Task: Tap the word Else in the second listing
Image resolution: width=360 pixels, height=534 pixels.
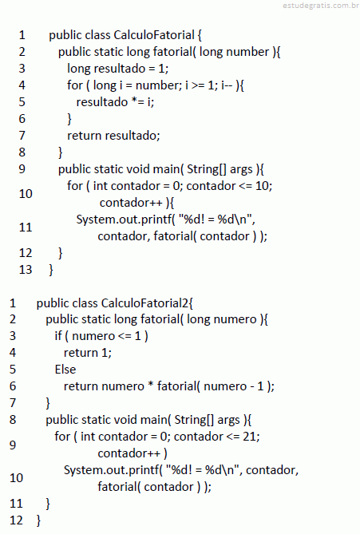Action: tap(65, 369)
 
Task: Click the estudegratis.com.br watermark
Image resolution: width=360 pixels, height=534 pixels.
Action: tap(321, 5)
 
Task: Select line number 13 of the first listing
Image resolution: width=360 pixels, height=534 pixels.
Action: tap(26, 269)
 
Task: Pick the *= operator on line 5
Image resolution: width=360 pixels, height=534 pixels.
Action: tap(137, 101)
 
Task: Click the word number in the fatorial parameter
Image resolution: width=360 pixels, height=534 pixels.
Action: tap(247, 52)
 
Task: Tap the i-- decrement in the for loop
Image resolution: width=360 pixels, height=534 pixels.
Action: tap(227, 85)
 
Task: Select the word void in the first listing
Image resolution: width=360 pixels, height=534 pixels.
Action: tap(137, 169)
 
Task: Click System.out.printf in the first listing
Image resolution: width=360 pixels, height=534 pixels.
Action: tap(124, 220)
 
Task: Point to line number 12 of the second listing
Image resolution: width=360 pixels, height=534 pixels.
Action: tap(16, 520)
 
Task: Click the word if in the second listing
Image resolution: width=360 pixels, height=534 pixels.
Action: tap(58, 336)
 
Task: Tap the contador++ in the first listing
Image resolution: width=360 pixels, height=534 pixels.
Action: tap(131, 203)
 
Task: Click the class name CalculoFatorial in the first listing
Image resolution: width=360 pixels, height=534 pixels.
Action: tap(154, 35)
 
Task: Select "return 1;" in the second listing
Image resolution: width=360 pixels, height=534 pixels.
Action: tap(88, 353)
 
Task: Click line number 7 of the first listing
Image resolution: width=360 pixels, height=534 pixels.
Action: tap(22, 135)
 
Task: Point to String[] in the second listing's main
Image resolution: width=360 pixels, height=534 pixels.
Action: tap(194, 420)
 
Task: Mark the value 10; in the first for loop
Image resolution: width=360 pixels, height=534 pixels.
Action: tap(263, 186)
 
